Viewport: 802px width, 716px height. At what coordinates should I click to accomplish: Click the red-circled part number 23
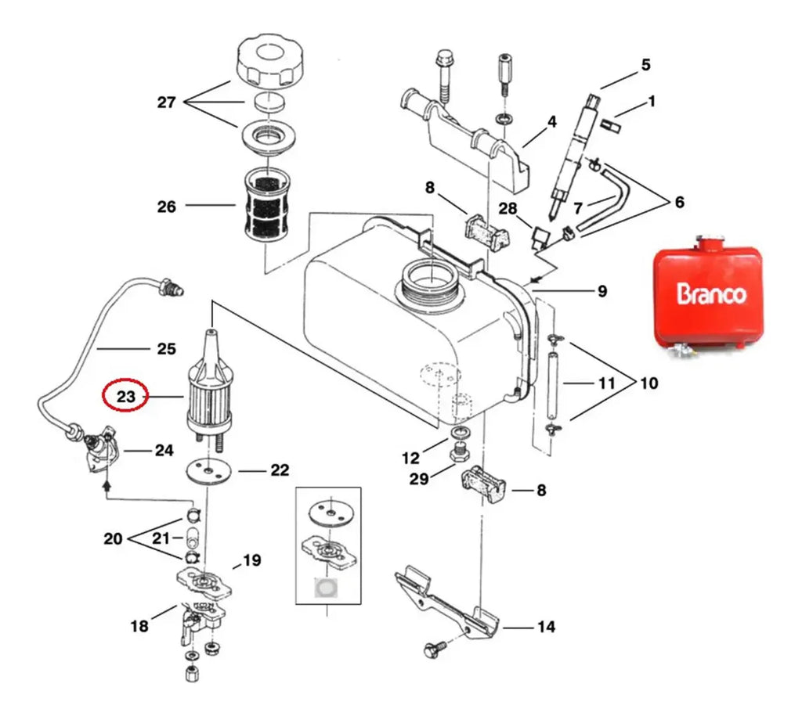coord(125,396)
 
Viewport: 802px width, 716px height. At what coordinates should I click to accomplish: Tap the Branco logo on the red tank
coord(711,293)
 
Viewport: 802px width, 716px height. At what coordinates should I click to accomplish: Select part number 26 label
coord(166,207)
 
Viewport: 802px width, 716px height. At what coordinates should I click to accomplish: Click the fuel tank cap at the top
coord(269,63)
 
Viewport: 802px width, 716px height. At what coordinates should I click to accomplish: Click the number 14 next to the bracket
coord(546,627)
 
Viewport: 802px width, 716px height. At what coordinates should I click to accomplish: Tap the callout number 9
coord(602,291)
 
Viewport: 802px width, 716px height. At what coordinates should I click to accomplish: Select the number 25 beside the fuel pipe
coord(166,348)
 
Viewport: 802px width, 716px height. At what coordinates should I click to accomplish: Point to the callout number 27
coord(166,103)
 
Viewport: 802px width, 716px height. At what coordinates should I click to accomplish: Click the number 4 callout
coord(551,121)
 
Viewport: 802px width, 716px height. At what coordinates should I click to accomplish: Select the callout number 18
coord(139,625)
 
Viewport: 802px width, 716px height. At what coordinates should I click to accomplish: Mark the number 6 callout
coord(679,202)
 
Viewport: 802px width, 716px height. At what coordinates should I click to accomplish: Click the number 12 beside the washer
coord(410,458)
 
